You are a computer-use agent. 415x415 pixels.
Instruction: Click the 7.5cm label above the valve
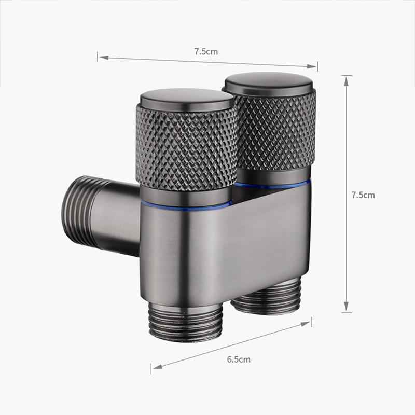click(206, 51)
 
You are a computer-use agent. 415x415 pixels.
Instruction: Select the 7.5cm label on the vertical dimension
click(363, 195)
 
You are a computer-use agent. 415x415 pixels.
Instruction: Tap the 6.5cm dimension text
click(239, 359)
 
